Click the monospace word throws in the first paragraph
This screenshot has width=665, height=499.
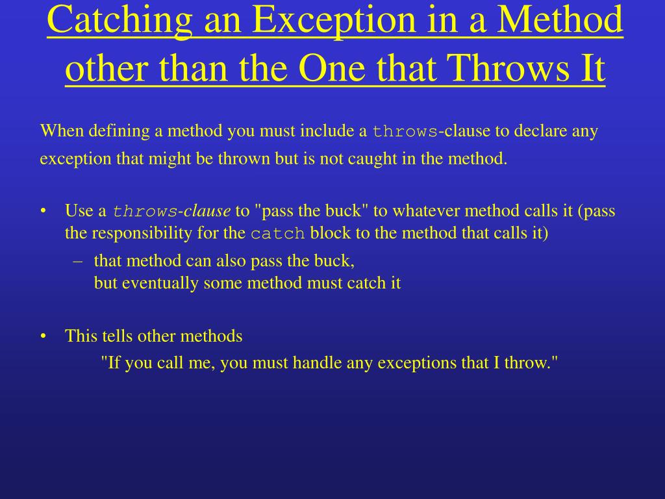coord(405,132)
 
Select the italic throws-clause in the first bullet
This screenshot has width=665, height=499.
coord(171,211)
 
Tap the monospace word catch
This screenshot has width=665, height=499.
coord(277,234)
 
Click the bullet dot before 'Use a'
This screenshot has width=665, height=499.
coord(43,211)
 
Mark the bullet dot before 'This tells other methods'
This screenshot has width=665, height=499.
coord(43,337)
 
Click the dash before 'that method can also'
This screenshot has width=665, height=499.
coord(78,261)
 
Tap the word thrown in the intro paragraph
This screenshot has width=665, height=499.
coord(249,159)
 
